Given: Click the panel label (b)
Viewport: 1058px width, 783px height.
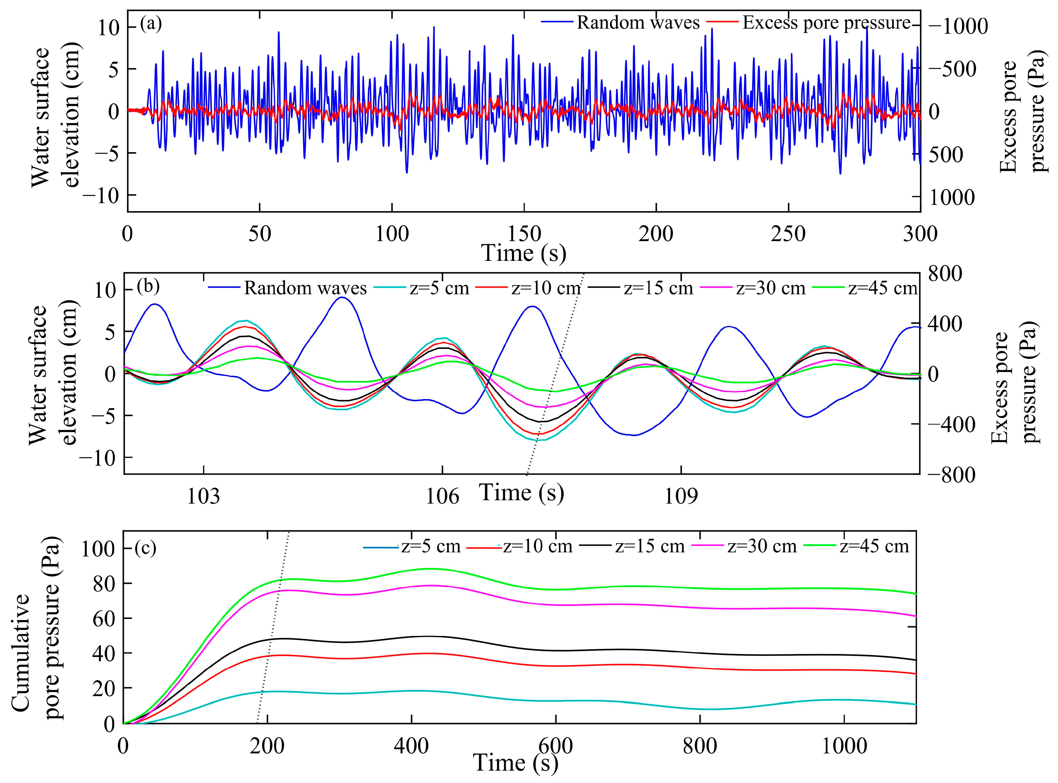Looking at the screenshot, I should (148, 286).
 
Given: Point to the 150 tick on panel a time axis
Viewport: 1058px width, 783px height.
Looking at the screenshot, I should (524, 234).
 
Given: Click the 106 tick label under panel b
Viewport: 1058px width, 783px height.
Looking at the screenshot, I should (442, 497).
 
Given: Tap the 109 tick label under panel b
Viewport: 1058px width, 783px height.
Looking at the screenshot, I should (681, 497).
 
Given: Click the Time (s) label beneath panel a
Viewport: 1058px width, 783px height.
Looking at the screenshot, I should (524, 253).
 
